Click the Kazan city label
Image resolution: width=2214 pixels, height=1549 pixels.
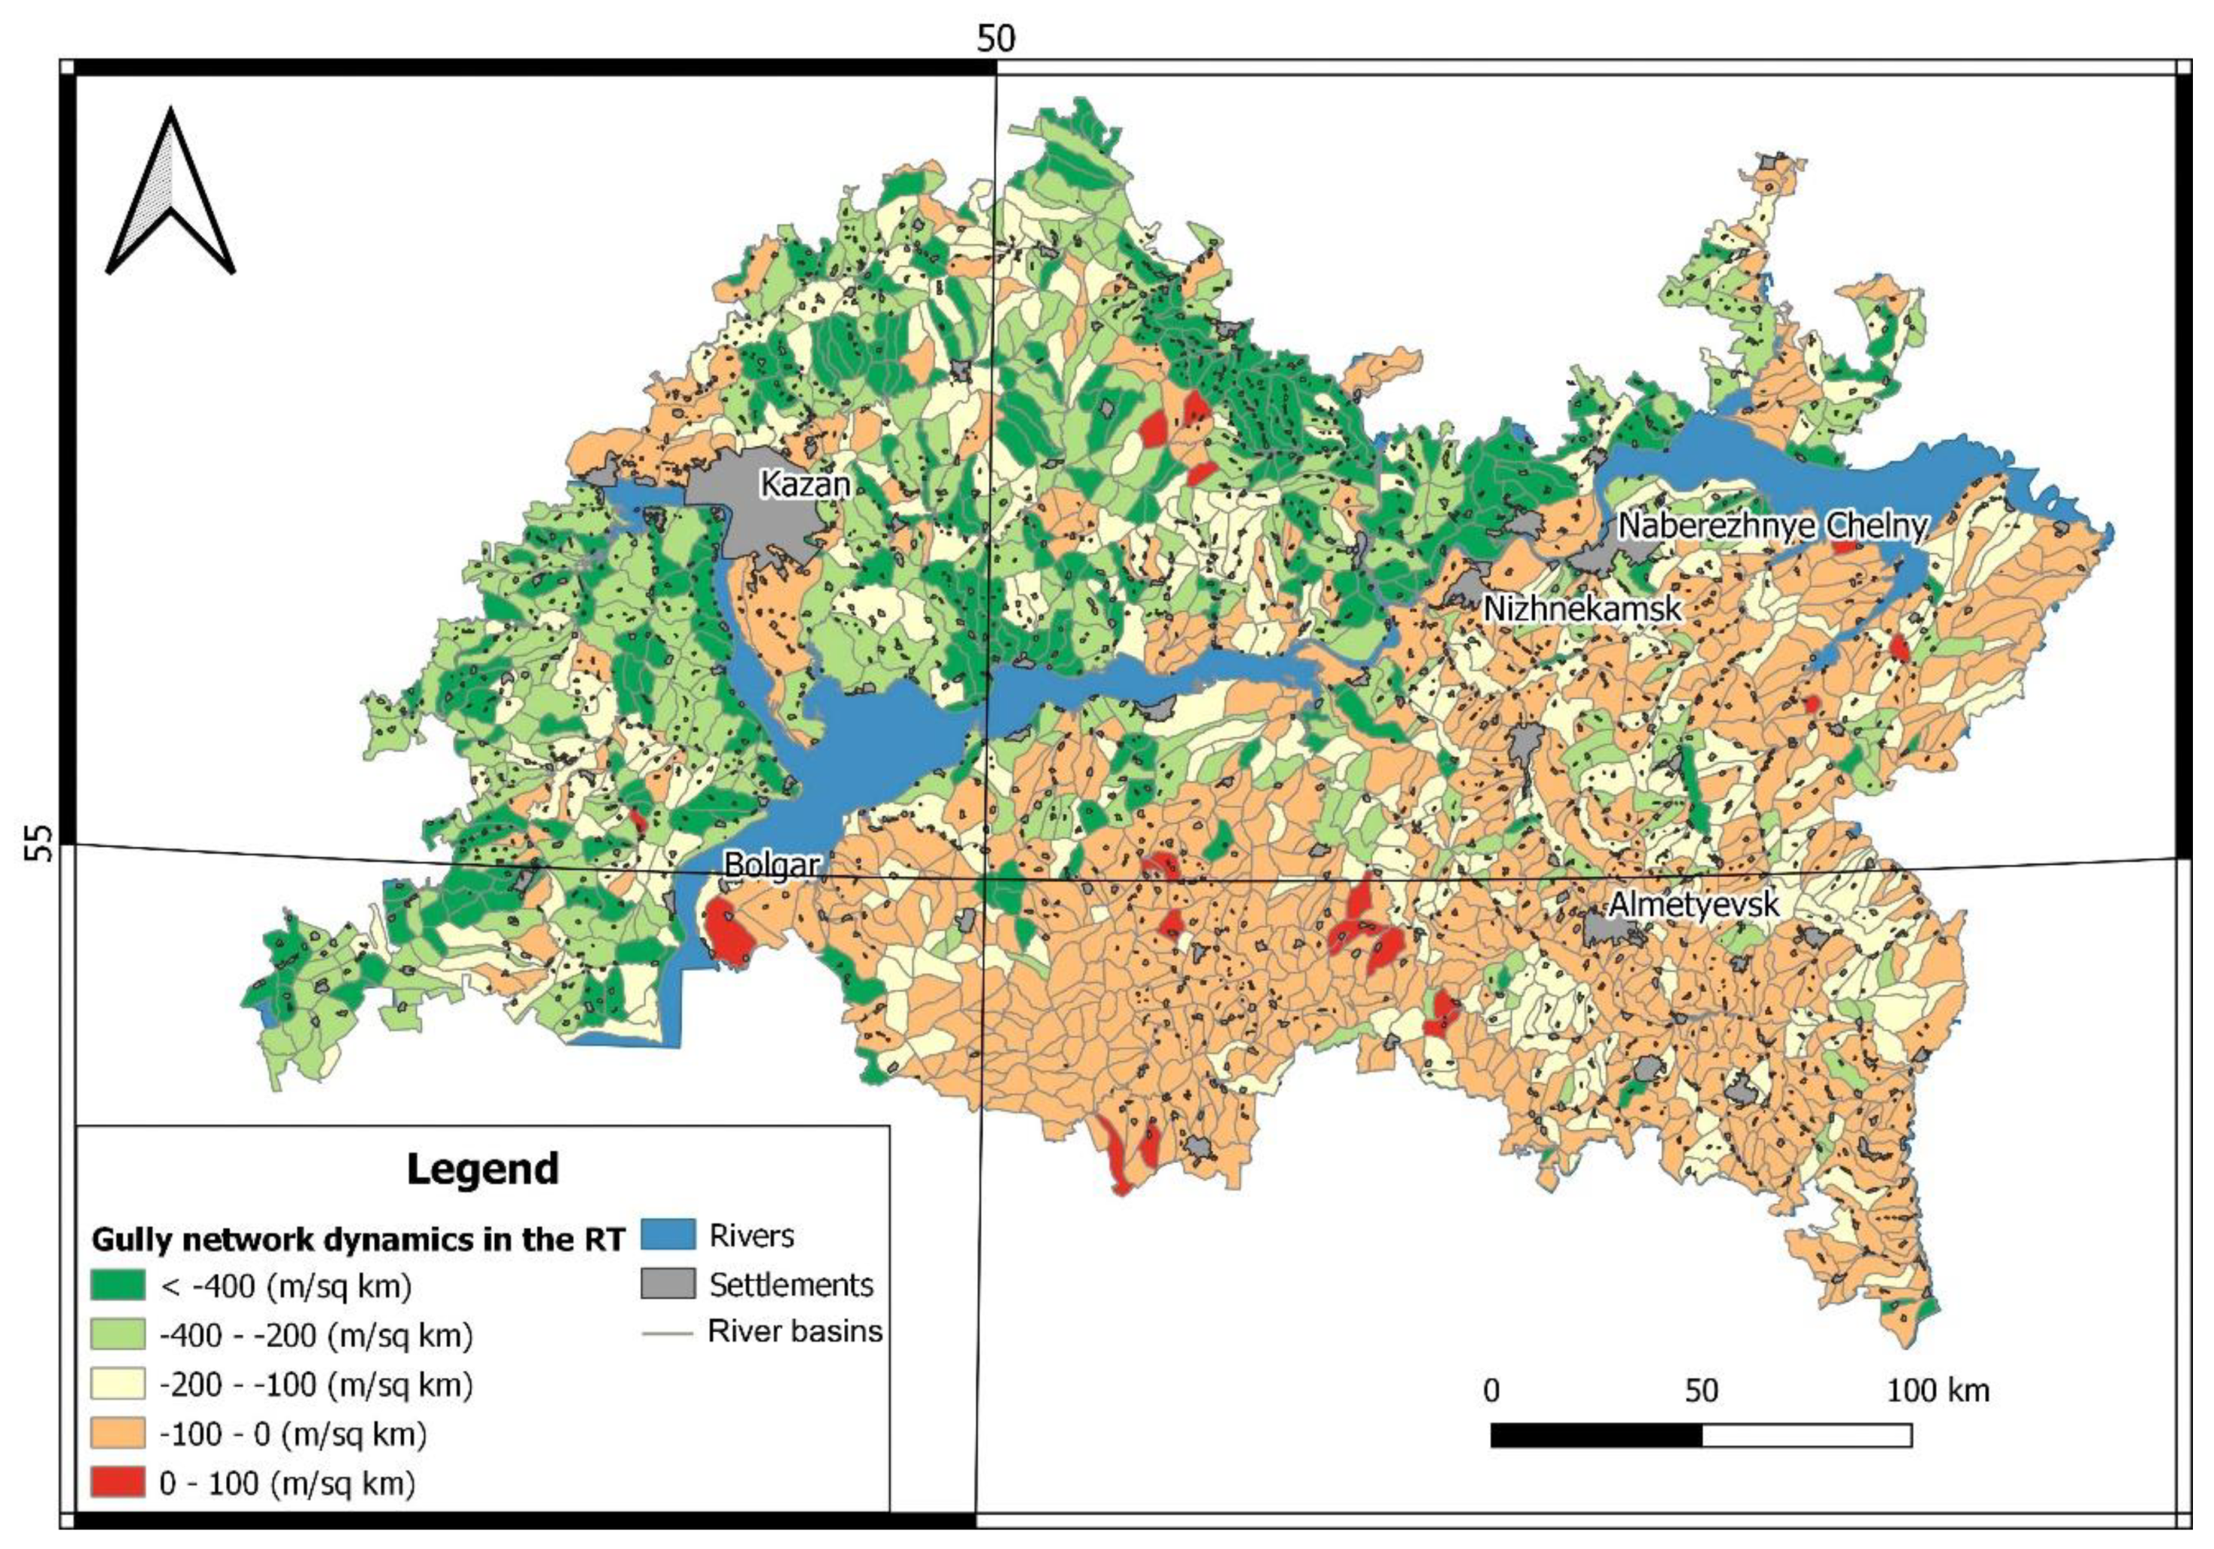(x=805, y=483)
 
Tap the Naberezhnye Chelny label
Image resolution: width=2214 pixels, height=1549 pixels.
(x=1772, y=525)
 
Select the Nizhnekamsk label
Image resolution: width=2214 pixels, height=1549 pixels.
(x=1582, y=608)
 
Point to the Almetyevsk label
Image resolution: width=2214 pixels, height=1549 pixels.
(x=1693, y=904)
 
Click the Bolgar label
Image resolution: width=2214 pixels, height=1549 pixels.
(x=772, y=865)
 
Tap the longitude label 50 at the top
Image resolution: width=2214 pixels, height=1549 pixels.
(x=996, y=38)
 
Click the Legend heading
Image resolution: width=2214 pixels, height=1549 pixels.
(x=482, y=1169)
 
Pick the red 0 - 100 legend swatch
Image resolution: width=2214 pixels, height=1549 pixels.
(x=118, y=1483)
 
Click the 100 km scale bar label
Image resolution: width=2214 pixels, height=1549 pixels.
(x=1937, y=1391)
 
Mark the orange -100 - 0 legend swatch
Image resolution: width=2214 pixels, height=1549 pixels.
(x=118, y=1433)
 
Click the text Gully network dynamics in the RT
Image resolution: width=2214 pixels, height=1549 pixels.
(x=358, y=1239)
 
